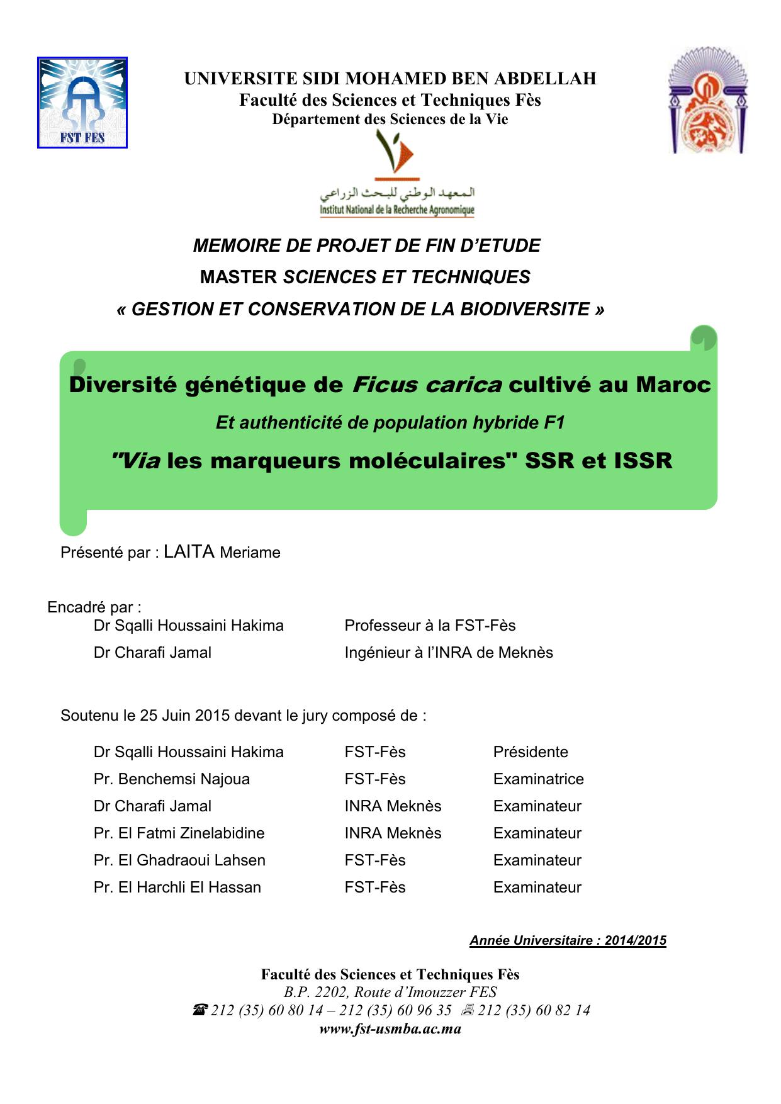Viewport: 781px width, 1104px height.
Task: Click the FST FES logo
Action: (x=82, y=103)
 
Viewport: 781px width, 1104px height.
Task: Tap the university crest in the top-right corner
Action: (x=708, y=101)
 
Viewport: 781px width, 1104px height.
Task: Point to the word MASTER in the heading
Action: (x=239, y=277)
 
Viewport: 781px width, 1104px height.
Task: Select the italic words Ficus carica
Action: (x=427, y=384)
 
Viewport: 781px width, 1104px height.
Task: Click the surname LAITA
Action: (x=189, y=552)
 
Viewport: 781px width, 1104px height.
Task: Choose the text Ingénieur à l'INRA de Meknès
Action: (x=449, y=653)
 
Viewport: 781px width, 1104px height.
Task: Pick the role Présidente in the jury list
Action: (x=531, y=752)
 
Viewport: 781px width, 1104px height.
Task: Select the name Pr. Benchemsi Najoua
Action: (x=171, y=779)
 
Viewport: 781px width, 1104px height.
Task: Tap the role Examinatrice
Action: (x=538, y=779)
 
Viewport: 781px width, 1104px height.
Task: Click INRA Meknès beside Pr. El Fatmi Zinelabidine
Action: (x=393, y=833)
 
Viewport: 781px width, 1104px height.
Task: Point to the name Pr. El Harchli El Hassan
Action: (x=177, y=887)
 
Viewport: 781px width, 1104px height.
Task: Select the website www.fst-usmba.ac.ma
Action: (x=390, y=1029)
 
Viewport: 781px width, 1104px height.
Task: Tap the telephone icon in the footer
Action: (x=199, y=1010)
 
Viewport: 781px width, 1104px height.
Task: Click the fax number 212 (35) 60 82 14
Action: (x=534, y=1010)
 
